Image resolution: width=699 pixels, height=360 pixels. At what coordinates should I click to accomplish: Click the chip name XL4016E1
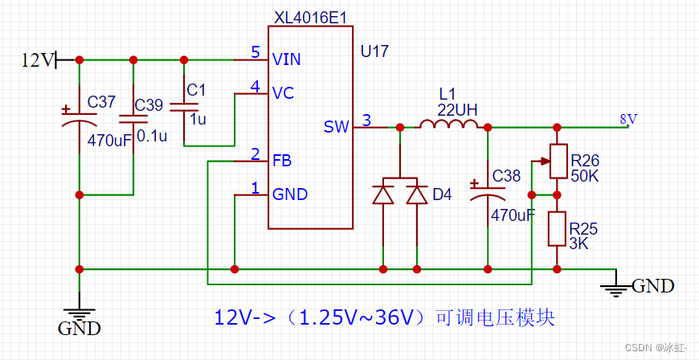pyautogui.click(x=304, y=16)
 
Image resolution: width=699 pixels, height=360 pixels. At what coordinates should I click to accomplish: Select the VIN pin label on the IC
pyautogui.click(x=286, y=59)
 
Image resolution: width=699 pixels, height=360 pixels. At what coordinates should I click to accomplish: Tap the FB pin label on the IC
pyautogui.click(x=281, y=160)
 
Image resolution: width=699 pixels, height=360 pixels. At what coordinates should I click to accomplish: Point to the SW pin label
pyautogui.click(x=336, y=127)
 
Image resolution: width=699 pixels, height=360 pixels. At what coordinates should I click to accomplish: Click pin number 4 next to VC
pyautogui.click(x=255, y=86)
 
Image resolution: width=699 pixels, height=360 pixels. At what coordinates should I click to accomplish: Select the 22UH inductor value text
pyautogui.click(x=457, y=109)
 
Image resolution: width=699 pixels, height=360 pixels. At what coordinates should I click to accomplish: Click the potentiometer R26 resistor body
pyautogui.click(x=556, y=162)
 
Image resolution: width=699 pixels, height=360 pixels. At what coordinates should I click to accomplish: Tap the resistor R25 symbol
pyautogui.click(x=556, y=228)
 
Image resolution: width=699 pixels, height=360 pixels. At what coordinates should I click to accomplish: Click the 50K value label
pyautogui.click(x=584, y=175)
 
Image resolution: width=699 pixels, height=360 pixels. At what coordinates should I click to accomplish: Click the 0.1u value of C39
pyautogui.click(x=152, y=136)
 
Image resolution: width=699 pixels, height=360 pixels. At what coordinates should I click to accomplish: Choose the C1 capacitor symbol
pyautogui.click(x=184, y=105)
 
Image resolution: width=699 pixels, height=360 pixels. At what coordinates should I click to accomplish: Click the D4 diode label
pyautogui.click(x=442, y=194)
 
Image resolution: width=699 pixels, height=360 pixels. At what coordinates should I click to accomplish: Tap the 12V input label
pyautogui.click(x=37, y=59)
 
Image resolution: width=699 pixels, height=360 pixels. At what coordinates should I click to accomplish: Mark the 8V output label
pyautogui.click(x=628, y=119)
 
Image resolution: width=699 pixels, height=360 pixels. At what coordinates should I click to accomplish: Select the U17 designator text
pyautogui.click(x=375, y=52)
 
